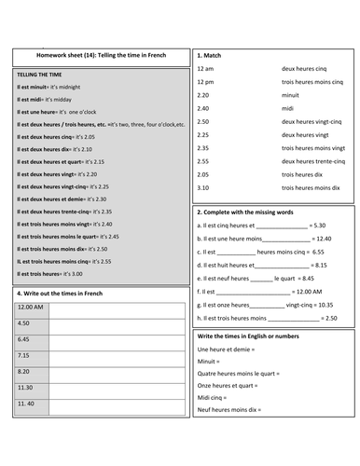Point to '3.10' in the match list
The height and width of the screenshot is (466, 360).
[x=204, y=187]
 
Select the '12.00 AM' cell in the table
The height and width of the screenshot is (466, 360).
[x=31, y=308]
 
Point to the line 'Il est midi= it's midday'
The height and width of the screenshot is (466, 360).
[x=53, y=98]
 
